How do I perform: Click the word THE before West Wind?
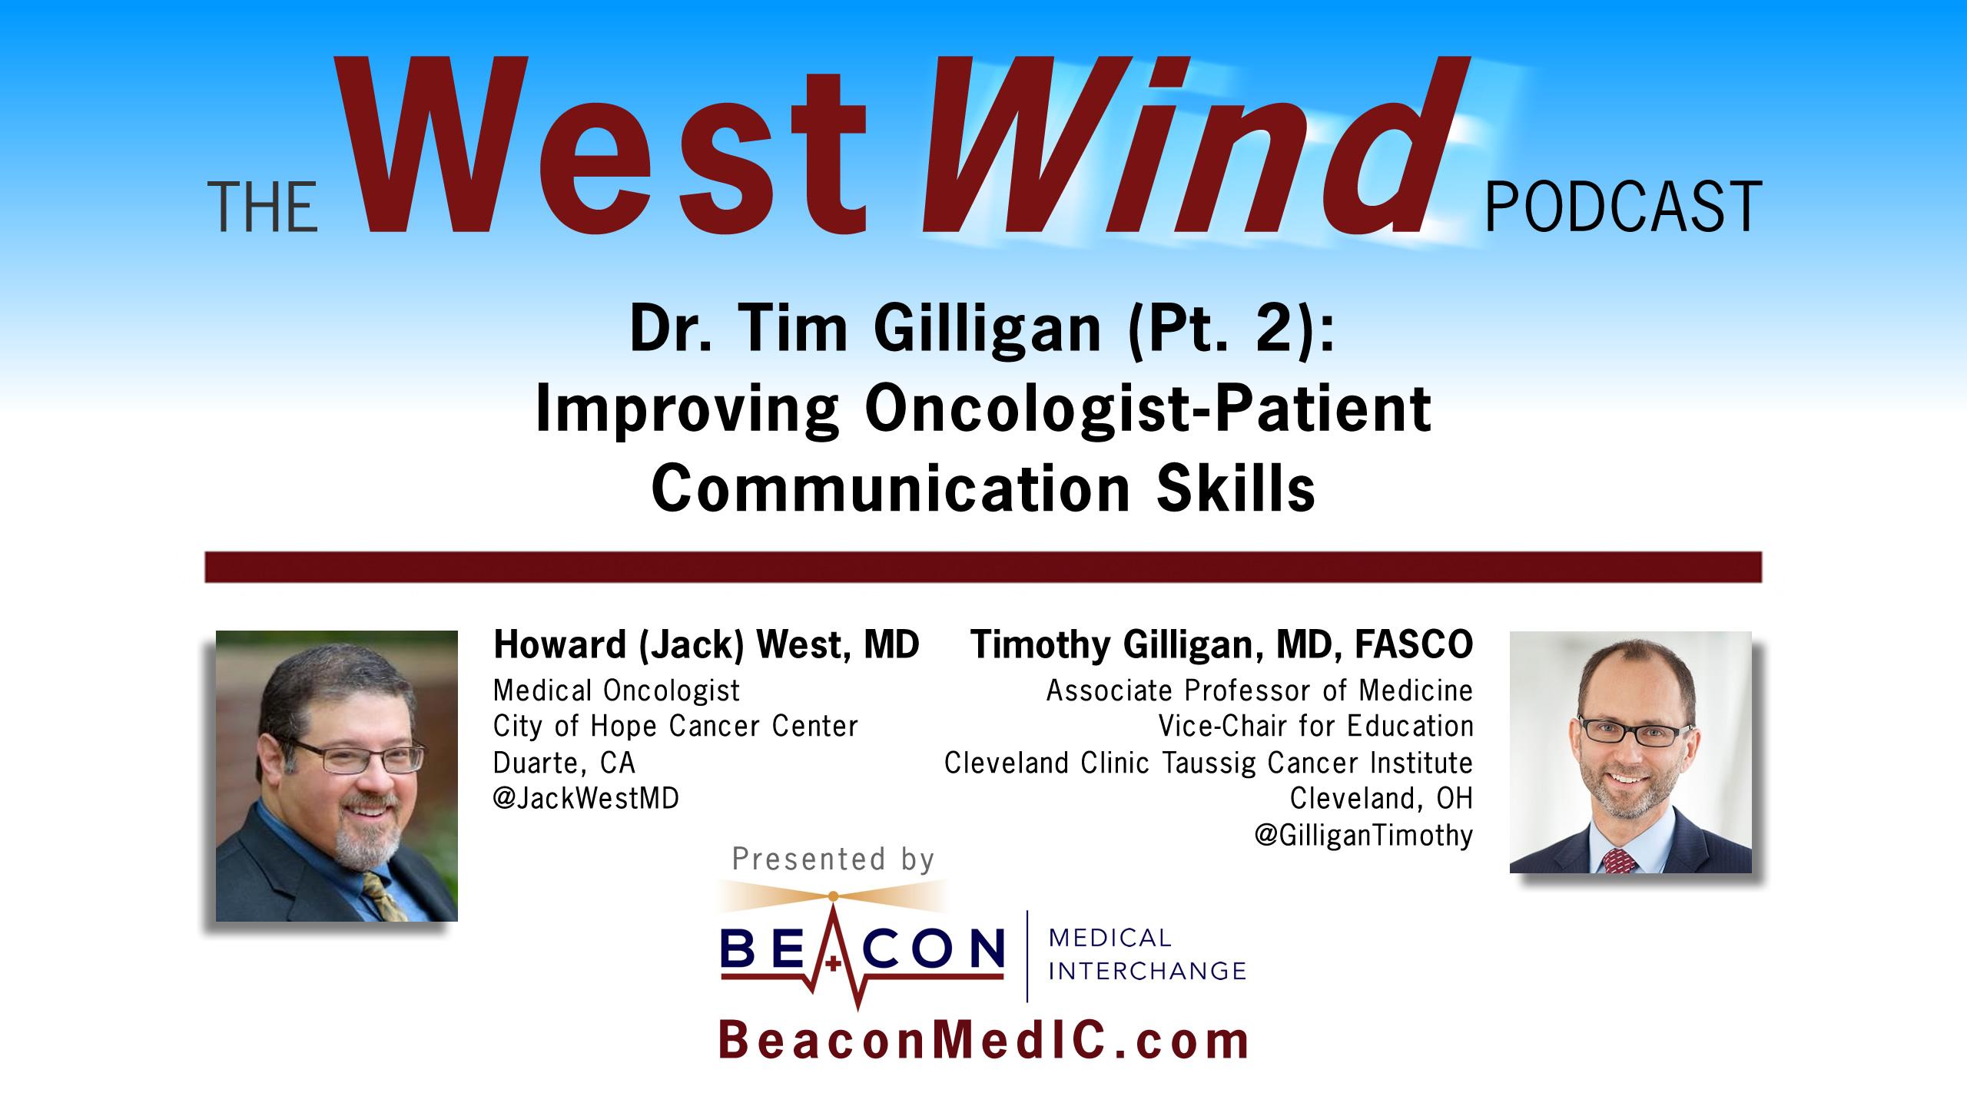coord(264,207)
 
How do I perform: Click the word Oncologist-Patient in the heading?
coord(1147,410)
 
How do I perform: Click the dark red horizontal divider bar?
coord(983,567)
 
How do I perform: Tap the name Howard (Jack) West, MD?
coord(706,644)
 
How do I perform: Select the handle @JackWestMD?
coord(586,799)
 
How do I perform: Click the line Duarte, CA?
coord(565,763)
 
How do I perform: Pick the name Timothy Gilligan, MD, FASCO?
coord(1222,644)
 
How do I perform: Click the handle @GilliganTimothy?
coord(1364,835)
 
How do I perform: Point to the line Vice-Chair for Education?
coord(1315,726)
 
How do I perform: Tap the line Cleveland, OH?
coord(1382,799)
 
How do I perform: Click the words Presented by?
coord(833,859)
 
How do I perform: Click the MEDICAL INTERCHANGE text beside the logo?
coord(1147,955)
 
